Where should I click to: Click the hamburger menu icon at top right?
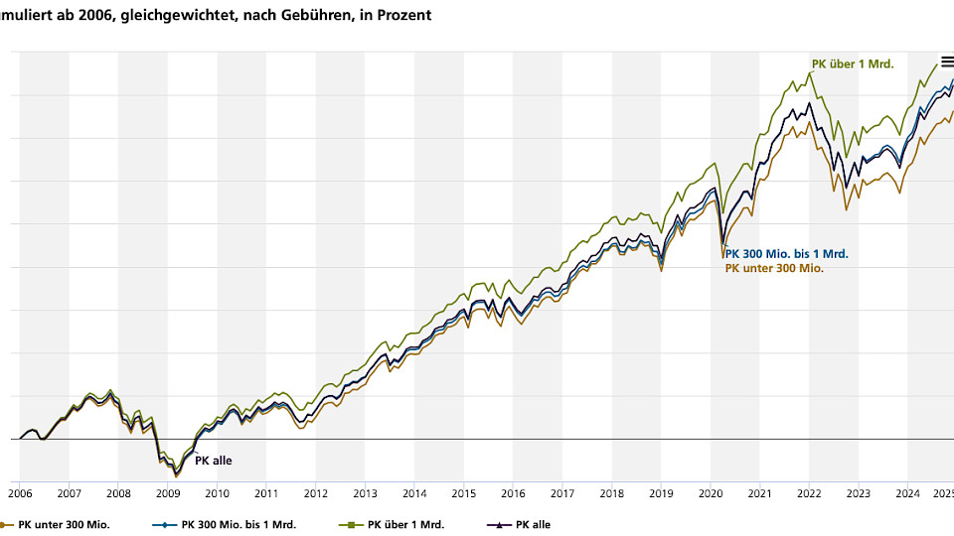coord(947,62)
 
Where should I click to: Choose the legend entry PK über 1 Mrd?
coord(397,525)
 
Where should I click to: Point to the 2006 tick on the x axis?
coord(20,493)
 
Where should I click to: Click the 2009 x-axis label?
coord(167,493)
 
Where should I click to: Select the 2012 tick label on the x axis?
coord(315,493)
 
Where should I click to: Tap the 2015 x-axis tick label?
coord(463,493)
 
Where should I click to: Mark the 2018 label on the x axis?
coord(611,493)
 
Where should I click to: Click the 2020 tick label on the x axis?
coord(710,493)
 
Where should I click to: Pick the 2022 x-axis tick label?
coord(809,493)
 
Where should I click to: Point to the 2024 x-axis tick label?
coord(907,493)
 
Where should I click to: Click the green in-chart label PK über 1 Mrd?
coord(853,65)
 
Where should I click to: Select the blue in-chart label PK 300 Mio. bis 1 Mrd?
coord(786,254)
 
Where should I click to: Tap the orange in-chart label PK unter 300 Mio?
coord(774,268)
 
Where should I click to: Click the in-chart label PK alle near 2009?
coord(213,461)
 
